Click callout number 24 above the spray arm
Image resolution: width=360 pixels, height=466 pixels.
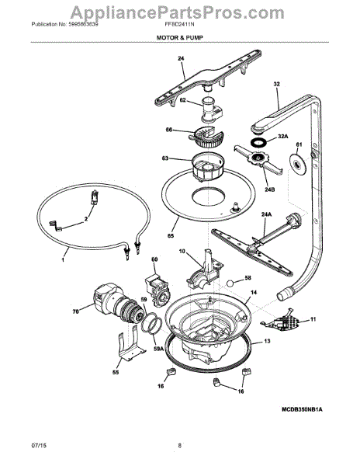[181, 59]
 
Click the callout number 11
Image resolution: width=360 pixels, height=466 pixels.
[313, 320]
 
